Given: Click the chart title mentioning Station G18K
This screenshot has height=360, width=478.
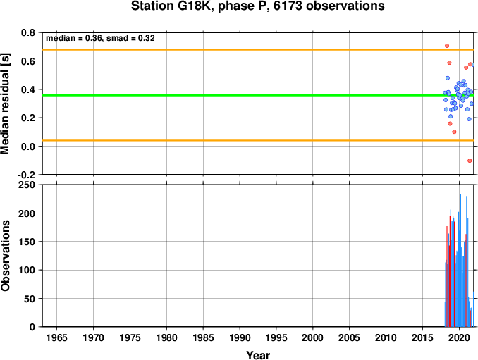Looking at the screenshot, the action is [x=257, y=6].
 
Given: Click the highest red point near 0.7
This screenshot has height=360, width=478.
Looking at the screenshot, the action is [x=447, y=46].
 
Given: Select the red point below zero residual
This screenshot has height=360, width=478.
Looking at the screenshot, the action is [x=470, y=161].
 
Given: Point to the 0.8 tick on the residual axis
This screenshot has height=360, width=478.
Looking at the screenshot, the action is [x=28, y=32].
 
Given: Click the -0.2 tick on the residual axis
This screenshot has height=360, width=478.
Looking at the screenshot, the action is [x=26, y=175].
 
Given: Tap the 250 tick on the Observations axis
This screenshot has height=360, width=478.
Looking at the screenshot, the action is [x=27, y=185].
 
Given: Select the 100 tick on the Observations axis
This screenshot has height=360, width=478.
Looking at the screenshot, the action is [x=27, y=270].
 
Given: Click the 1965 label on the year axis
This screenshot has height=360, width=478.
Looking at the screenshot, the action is [x=56, y=337].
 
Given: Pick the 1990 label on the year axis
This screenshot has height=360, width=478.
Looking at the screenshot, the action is [x=240, y=337].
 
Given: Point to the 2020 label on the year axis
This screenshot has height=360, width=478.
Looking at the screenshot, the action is [x=459, y=337].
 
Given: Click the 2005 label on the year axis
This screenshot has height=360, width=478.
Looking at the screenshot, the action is [x=350, y=337].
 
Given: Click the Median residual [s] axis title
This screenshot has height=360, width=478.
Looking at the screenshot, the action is [x=5, y=104].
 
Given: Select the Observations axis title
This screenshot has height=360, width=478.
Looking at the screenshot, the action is [x=5, y=256].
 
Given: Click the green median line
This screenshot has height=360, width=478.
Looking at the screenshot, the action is [x=258, y=95].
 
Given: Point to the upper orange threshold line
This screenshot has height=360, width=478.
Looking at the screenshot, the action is [x=258, y=49].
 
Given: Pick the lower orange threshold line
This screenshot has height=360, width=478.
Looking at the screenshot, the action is [x=258, y=140].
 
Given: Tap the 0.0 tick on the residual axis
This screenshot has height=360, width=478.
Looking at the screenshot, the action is [x=28, y=147].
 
